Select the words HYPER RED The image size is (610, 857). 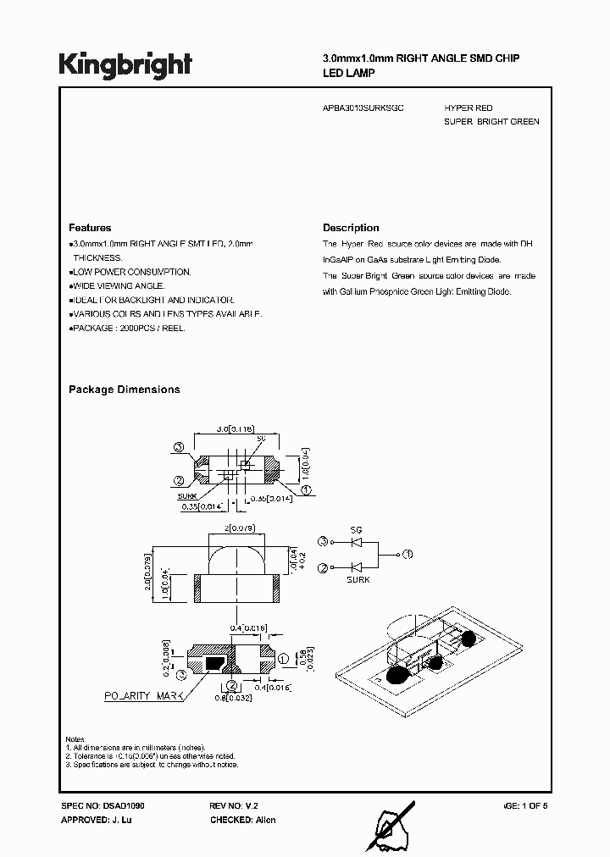(x=468, y=108)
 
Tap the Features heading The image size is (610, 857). (x=90, y=228)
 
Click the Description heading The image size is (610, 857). (x=351, y=228)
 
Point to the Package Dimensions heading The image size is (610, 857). (x=124, y=390)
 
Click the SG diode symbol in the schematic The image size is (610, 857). (x=356, y=541)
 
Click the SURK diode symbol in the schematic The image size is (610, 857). (x=356, y=568)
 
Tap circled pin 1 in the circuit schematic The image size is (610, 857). (x=407, y=554)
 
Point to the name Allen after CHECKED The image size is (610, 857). (x=265, y=820)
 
